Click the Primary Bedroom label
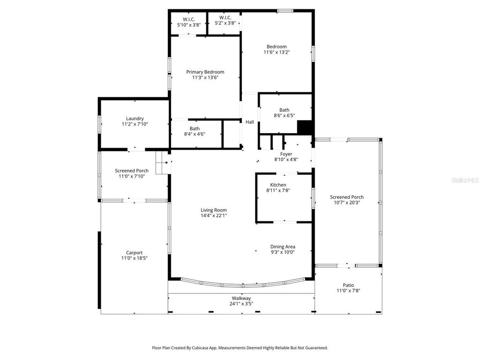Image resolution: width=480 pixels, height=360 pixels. tap(205, 72)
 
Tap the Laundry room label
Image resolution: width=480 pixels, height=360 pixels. tap(135, 119)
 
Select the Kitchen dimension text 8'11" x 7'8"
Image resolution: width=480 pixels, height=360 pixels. tap(278, 191)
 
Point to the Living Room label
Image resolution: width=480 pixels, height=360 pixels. tap(214, 210)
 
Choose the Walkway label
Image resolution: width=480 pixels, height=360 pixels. tap(241, 298)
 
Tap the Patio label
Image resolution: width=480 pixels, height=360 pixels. tap(348, 285)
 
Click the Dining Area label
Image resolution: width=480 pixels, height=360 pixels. tap(283, 247)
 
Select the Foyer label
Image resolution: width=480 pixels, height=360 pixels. tap(286, 154)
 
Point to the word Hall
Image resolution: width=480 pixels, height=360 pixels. tap(250, 122)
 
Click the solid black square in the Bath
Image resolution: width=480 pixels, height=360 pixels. tap(305, 127)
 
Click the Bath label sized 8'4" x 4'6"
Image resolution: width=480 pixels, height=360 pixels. tap(195, 128)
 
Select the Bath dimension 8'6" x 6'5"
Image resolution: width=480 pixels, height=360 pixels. tap(284, 115)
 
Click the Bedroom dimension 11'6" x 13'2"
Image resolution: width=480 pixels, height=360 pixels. tap(277, 52)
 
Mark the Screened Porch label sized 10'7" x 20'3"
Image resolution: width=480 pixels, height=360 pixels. tap(346, 197)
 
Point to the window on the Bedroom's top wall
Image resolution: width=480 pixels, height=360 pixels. tap(285, 10)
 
